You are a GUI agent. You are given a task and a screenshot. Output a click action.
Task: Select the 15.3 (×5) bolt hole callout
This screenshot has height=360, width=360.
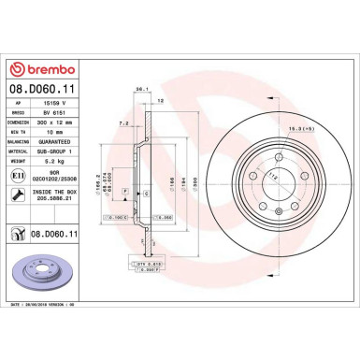pos(274,127)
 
